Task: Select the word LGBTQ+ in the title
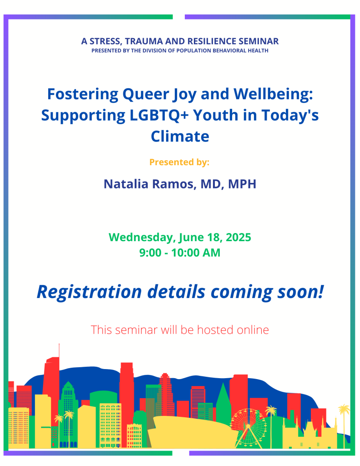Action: pyautogui.click(x=159, y=116)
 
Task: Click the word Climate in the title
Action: pyautogui.click(x=180, y=137)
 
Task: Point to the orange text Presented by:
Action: pyautogui.click(x=179, y=162)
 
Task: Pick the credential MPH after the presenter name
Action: pyautogui.click(x=242, y=184)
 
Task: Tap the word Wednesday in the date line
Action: pyautogui.click(x=141, y=238)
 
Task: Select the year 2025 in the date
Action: pyautogui.click(x=238, y=238)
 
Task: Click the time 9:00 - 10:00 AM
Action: pyautogui.click(x=180, y=253)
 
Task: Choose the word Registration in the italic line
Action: pyautogui.click(x=89, y=292)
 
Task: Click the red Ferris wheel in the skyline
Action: pyautogui.click(x=248, y=428)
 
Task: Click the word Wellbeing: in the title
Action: pyautogui.click(x=273, y=94)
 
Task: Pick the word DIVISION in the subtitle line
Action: pyautogui.click(x=156, y=51)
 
